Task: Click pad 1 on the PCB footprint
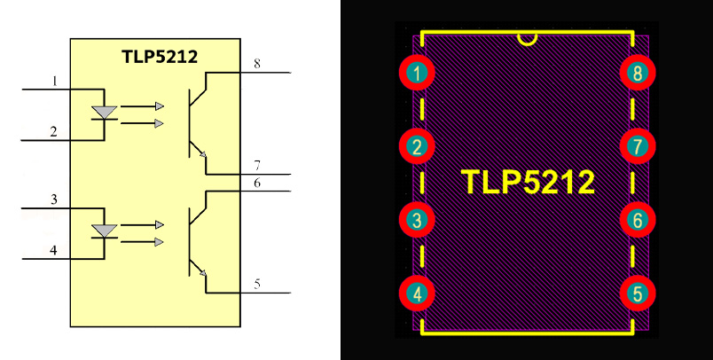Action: pos(417,73)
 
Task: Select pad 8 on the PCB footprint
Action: pos(638,73)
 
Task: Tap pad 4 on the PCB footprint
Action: pos(417,293)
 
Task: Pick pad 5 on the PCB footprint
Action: pos(638,293)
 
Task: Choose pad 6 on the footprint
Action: pos(638,220)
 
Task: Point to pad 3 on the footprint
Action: pos(417,220)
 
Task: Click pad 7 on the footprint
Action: pos(638,146)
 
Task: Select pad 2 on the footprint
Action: pos(417,146)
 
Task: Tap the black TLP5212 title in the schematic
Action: pos(160,57)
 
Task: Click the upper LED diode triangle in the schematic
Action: pos(105,112)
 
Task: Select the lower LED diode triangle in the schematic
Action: pos(105,231)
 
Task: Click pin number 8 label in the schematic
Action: pos(257,64)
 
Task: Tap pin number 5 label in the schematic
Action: pos(257,284)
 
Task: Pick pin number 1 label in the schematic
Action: pos(55,81)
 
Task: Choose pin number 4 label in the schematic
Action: pos(54,250)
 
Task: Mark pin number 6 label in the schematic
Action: pos(257,183)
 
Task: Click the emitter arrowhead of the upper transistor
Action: pos(203,154)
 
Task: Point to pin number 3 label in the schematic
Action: pos(54,200)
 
